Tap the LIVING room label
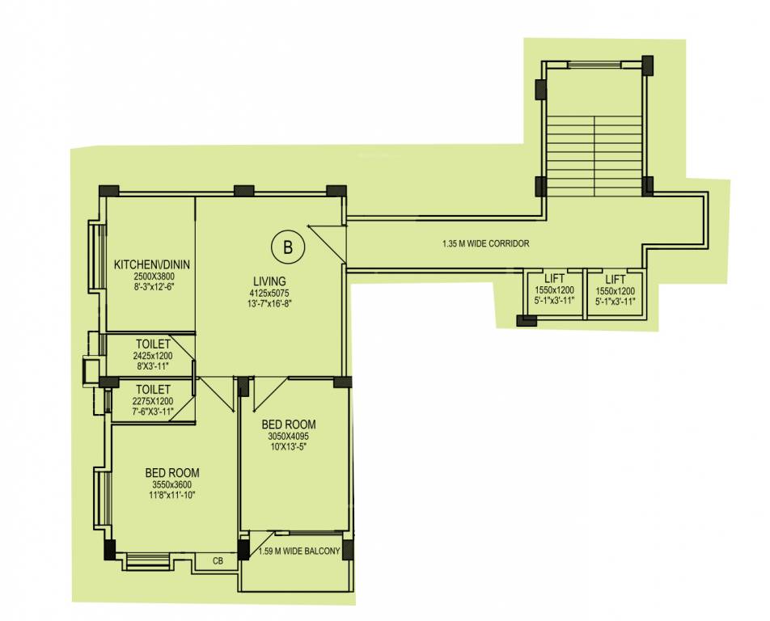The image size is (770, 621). (x=269, y=281)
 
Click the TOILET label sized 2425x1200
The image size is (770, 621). (x=153, y=344)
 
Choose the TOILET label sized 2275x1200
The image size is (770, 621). (x=153, y=389)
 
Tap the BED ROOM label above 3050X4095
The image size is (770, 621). (x=288, y=425)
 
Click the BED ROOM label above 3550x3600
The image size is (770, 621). (x=172, y=473)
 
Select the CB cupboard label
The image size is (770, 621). (x=218, y=560)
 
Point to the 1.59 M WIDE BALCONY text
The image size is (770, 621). (x=299, y=552)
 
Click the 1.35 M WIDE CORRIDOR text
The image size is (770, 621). (x=485, y=243)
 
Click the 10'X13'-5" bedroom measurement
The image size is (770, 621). (x=289, y=446)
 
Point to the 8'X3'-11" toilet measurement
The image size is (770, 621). (x=153, y=365)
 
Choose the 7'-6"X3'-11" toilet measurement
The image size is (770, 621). (x=153, y=410)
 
